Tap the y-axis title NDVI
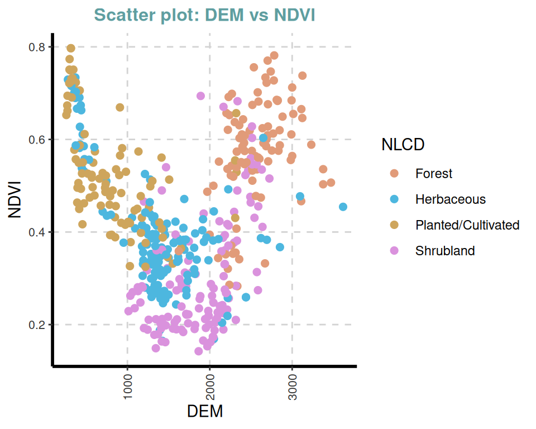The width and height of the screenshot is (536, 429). point(15,199)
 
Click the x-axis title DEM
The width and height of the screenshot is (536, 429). point(204,412)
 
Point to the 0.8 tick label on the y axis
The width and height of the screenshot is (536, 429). point(36,47)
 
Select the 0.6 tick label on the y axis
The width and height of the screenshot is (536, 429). point(36,140)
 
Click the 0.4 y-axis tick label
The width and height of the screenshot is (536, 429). point(36,232)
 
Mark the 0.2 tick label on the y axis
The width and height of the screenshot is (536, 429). point(36,325)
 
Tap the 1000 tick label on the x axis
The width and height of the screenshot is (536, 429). point(127,385)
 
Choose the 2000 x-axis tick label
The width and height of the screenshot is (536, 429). point(209,385)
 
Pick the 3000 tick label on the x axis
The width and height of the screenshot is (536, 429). point(291,385)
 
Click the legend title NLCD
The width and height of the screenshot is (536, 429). point(403,145)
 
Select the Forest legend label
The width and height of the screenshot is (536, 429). point(434,174)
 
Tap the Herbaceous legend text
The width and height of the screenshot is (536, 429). point(451,199)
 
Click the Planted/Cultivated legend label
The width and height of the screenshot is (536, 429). point(467,225)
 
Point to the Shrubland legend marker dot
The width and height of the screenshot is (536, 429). point(394,251)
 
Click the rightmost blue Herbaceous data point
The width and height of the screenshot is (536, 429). point(343,207)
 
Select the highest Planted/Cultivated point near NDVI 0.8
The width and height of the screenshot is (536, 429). point(71,49)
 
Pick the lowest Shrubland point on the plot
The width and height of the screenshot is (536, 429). point(198,351)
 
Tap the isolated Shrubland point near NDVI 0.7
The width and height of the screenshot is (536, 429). point(200,96)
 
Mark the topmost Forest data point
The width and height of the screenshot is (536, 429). point(274,55)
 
